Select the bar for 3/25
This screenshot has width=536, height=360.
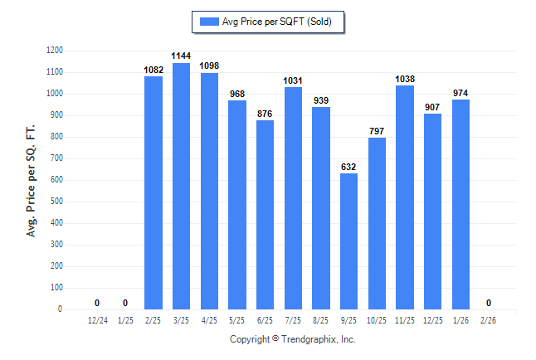[181, 186]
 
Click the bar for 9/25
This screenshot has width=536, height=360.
[348, 241]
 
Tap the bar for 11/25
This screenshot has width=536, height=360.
[405, 197]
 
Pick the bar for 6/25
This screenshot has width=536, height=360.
[265, 215]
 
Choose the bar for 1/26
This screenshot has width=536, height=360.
[460, 204]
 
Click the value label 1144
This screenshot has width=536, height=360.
[181, 55]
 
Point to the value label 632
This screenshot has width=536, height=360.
[348, 166]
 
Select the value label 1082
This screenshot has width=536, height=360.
[153, 69]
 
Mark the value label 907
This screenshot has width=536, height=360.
[432, 106]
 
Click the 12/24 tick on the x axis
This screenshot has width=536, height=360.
[97, 319]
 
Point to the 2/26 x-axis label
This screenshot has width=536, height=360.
[489, 319]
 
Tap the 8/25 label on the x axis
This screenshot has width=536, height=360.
[321, 319]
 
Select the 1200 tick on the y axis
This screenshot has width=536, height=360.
[55, 51]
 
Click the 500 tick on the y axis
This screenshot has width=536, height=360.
[57, 202]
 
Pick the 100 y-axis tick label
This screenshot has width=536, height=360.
[57, 288]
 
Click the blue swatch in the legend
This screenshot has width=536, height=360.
[208, 22]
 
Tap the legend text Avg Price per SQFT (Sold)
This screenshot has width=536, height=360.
[277, 22]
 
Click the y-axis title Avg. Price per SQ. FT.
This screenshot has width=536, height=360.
[32, 180]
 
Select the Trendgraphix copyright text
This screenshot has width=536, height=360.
[292, 339]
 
